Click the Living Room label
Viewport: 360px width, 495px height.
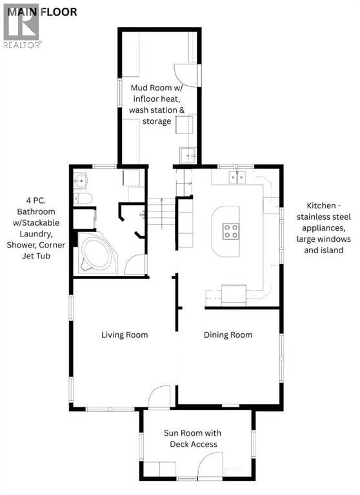click(x=125, y=335)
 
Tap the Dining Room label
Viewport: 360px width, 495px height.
click(x=228, y=335)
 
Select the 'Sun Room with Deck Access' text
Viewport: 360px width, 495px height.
click(x=192, y=438)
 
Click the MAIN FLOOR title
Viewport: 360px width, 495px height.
click(x=42, y=12)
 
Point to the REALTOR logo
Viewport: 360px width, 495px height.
click(x=22, y=26)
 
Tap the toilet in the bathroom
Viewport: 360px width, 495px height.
click(x=83, y=199)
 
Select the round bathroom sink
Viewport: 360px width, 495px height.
click(x=80, y=180)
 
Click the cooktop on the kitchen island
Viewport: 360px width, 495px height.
click(x=231, y=231)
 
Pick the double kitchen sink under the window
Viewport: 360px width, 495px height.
click(x=237, y=177)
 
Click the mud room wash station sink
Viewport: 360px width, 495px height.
click(x=188, y=155)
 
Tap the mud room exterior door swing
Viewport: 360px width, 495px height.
click(x=186, y=75)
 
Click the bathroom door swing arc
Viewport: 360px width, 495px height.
click(x=135, y=264)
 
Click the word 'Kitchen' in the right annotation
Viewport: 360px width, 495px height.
click(x=321, y=206)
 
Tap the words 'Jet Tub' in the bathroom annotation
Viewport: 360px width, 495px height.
click(x=36, y=256)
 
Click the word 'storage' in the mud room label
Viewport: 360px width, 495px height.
click(x=157, y=121)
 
